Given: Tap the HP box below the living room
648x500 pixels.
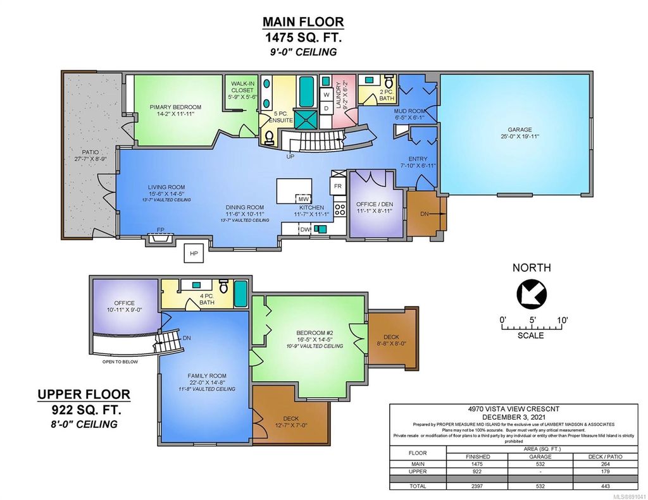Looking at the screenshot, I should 194,254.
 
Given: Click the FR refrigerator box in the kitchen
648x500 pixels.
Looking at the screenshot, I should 337,186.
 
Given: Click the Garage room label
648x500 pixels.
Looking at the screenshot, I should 515,133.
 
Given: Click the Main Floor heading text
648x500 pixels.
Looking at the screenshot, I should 303,21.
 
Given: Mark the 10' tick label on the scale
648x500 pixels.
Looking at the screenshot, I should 563,320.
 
